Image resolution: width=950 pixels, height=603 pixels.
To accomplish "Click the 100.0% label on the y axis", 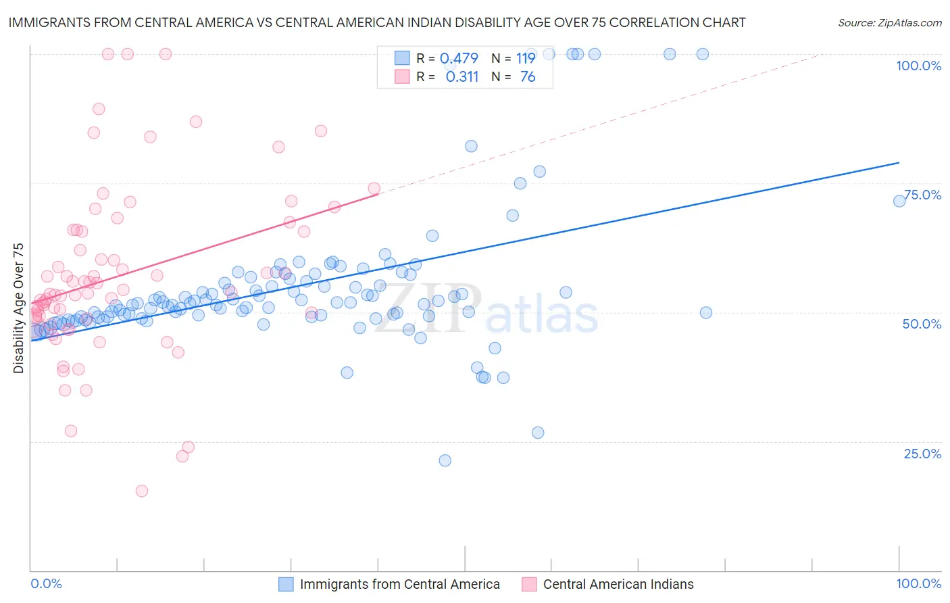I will point(918,66).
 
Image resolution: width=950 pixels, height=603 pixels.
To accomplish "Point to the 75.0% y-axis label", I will point(922,195).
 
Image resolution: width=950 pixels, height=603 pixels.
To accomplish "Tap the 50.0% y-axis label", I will point(922,324).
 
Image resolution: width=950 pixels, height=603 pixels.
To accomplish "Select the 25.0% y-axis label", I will point(922,453).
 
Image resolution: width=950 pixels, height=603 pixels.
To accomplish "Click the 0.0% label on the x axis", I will point(46,583).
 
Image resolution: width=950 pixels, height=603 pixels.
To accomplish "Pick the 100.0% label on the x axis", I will point(918,583).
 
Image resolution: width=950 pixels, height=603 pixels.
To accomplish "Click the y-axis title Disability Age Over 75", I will point(18,308).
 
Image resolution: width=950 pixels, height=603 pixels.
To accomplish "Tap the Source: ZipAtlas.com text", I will point(889,22).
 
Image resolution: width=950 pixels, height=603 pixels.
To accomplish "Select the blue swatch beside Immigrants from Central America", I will point(286,584).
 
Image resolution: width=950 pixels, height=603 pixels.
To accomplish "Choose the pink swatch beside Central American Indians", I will point(529,584).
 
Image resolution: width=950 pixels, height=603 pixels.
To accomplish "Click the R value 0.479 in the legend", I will point(459,59).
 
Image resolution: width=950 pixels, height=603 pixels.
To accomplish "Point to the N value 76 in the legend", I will point(528,77).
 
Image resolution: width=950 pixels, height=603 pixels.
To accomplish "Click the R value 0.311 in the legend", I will point(462,77).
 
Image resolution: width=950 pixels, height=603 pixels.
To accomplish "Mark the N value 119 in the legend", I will point(526,59).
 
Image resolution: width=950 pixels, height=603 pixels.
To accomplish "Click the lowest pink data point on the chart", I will point(142,491).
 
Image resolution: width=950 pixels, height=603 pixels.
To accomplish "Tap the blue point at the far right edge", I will point(899,201).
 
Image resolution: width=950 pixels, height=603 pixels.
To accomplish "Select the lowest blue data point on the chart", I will point(445,460).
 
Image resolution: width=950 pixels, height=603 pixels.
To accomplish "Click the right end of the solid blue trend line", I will point(899,163).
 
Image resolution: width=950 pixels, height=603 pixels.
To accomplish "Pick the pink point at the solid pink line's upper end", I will point(374,189).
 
